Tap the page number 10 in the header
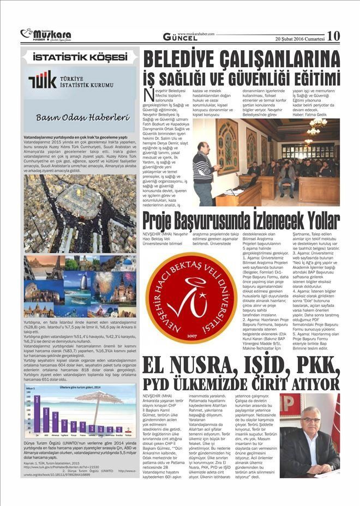coord(333,36)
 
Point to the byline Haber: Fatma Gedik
coord(310,113)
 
